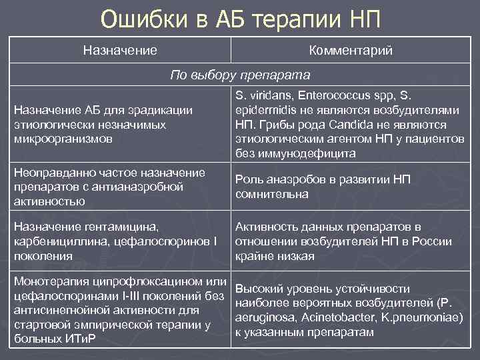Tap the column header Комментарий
coord(351,51)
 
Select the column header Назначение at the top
coord(120,51)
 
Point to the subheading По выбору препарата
coord(241,75)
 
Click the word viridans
coord(269,97)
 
